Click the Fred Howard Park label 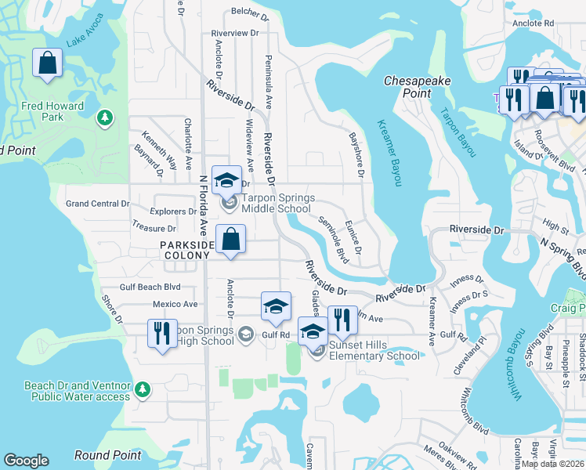53,111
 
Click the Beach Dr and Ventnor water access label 77,391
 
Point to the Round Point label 107,455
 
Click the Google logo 26,461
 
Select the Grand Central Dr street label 97,204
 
